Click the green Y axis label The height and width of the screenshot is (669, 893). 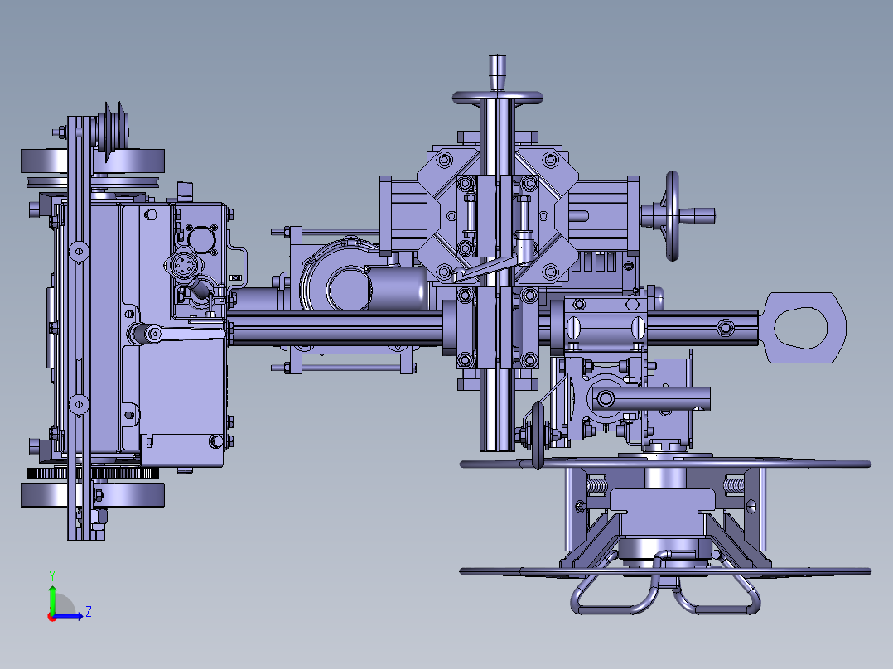52,576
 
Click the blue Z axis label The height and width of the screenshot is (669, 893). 89,612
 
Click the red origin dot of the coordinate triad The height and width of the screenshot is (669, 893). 52,617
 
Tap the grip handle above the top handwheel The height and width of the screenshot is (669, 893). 497,72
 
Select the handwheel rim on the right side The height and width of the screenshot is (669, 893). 673,216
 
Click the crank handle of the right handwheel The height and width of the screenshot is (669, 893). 696,216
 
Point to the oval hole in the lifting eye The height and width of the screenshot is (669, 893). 800,327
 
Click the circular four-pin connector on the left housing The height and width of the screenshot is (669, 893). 183,265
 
